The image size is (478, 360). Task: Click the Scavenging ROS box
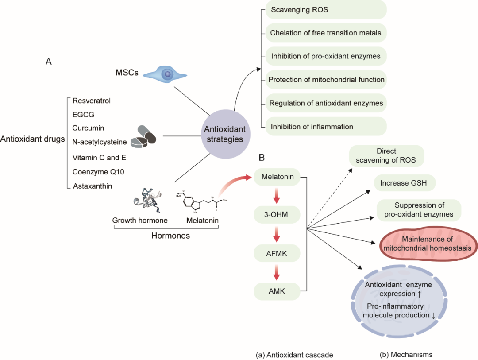326,9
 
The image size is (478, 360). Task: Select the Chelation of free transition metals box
326,33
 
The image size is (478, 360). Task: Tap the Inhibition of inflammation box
326,127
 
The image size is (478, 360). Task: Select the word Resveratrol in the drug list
92,101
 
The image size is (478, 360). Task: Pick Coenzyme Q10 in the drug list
92,172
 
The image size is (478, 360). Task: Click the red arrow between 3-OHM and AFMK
276,235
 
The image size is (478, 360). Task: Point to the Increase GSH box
401,182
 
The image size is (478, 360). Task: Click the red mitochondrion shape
427,244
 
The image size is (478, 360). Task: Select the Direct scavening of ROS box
386,155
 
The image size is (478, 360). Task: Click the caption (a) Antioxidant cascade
294,355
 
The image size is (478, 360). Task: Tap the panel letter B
262,158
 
